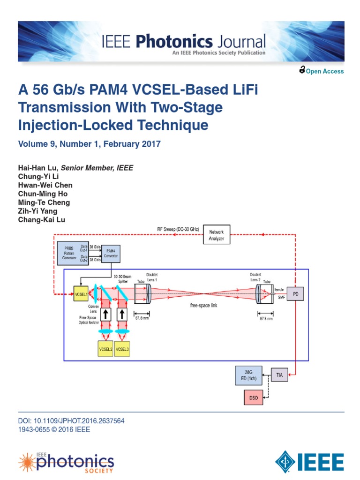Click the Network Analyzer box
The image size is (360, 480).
216,235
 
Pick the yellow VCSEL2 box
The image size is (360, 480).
105,349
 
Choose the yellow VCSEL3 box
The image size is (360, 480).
123,349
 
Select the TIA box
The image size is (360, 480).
279,375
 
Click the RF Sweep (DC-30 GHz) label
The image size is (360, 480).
179,229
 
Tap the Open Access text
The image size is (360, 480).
324,71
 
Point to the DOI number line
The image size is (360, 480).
71,421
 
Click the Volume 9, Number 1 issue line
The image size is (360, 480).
89,144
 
